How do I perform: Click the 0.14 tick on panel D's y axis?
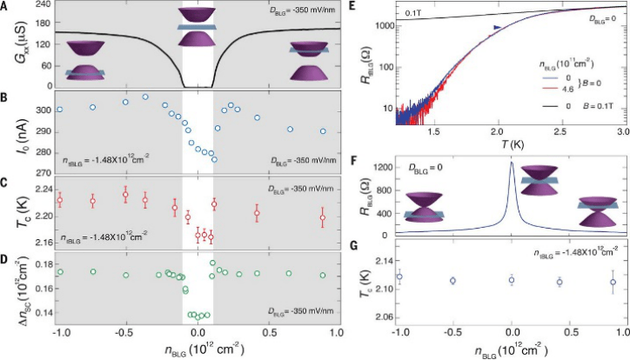point(36,311)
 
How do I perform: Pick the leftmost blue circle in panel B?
point(59,110)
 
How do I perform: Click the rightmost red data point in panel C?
point(322,217)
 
